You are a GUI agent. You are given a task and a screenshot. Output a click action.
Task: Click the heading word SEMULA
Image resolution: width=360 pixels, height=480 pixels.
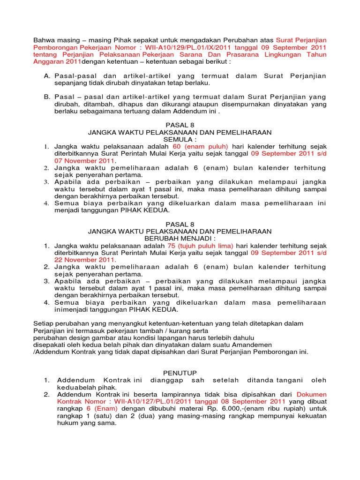point(180,140)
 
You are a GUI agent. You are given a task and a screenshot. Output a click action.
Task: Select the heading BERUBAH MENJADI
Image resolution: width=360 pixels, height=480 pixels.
point(180,238)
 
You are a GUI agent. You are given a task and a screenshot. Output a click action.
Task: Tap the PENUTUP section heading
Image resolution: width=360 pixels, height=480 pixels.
point(180,372)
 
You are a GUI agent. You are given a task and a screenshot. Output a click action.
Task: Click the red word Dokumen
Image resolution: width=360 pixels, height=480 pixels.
point(312,395)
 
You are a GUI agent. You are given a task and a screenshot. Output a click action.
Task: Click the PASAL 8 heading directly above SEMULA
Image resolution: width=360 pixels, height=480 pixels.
point(180,126)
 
